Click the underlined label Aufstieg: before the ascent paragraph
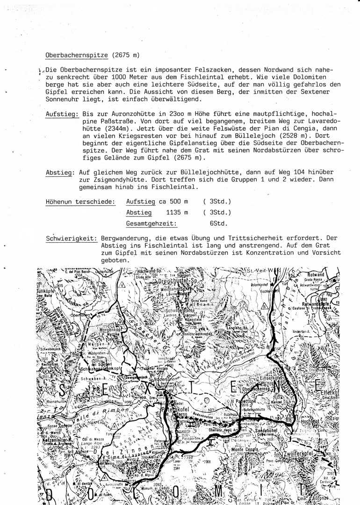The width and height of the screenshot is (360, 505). point(62,114)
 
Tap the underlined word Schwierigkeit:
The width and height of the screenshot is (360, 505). point(72,238)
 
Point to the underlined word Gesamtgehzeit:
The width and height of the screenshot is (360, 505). point(147,224)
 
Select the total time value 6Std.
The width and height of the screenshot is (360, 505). point(215,224)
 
